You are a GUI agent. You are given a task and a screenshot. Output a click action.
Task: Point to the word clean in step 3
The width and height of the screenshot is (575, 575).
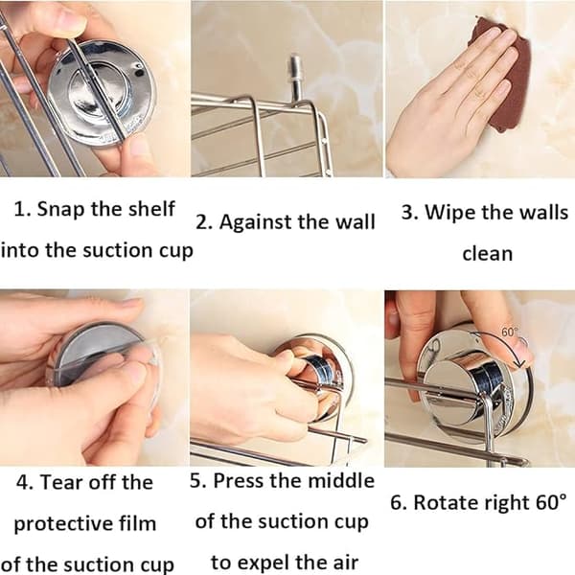488,254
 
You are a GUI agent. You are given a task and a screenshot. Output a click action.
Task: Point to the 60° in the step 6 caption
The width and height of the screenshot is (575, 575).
550,502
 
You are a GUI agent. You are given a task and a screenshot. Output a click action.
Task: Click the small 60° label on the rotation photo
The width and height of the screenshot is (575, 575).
509,333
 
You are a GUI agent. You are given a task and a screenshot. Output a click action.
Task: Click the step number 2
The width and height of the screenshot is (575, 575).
202,222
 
